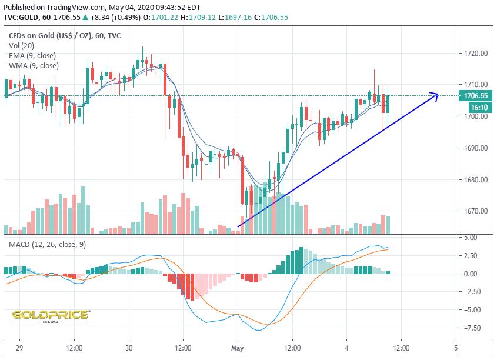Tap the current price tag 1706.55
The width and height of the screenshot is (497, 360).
(475, 96)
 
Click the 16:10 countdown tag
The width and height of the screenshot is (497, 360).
(475, 108)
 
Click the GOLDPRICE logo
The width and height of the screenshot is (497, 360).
(51, 316)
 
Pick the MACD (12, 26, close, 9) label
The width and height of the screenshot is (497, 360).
(46, 244)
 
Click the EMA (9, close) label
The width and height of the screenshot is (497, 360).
(32, 56)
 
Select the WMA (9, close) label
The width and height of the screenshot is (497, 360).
(34, 66)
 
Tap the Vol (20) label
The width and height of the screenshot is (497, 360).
(21, 46)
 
